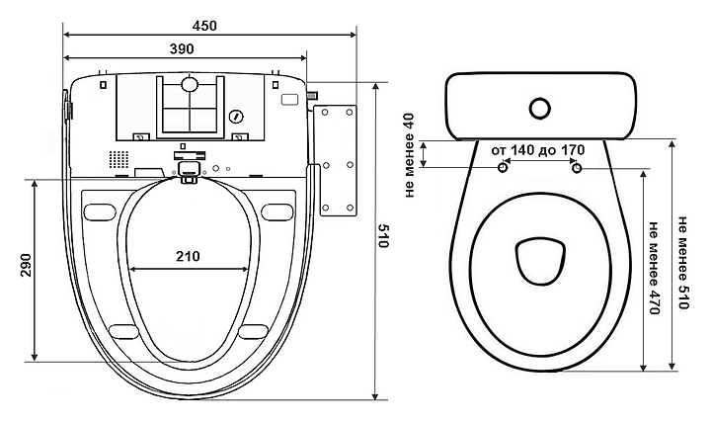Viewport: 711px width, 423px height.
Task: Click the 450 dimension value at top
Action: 205,24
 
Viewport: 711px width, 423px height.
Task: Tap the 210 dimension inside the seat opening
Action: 188,256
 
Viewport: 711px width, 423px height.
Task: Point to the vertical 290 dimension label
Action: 23,270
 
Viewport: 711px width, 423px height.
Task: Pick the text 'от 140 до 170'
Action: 537,149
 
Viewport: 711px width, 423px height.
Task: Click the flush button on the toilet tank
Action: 539,106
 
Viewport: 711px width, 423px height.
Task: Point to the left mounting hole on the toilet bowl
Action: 504,169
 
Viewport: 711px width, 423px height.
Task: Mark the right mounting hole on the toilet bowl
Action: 576,169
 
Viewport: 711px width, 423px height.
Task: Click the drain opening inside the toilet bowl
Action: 538,258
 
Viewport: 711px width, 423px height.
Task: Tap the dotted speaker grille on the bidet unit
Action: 118,159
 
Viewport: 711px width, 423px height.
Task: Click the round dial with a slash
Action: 235,117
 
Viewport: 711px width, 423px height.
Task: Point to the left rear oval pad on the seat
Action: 100,210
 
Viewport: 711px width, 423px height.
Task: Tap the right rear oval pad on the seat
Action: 279,210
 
